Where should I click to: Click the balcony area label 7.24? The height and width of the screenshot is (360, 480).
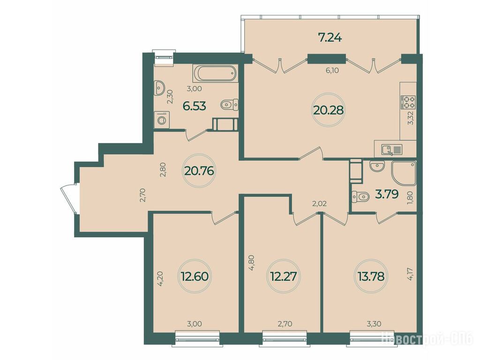330,38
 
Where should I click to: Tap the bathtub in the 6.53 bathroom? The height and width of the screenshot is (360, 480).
216,74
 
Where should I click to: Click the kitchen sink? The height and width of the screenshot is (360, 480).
392,150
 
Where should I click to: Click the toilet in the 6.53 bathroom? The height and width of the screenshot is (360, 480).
229,105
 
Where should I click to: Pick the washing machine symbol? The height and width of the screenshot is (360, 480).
162,120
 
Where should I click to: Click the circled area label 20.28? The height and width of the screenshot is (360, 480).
328,110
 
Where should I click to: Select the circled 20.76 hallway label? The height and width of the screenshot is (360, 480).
199,171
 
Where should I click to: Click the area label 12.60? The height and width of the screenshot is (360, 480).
195,277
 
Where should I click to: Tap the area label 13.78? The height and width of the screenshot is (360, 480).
371,277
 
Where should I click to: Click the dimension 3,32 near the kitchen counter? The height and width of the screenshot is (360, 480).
411,118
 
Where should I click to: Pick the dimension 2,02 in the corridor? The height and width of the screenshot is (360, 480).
319,203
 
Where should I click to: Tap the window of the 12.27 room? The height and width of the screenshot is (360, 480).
285,338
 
